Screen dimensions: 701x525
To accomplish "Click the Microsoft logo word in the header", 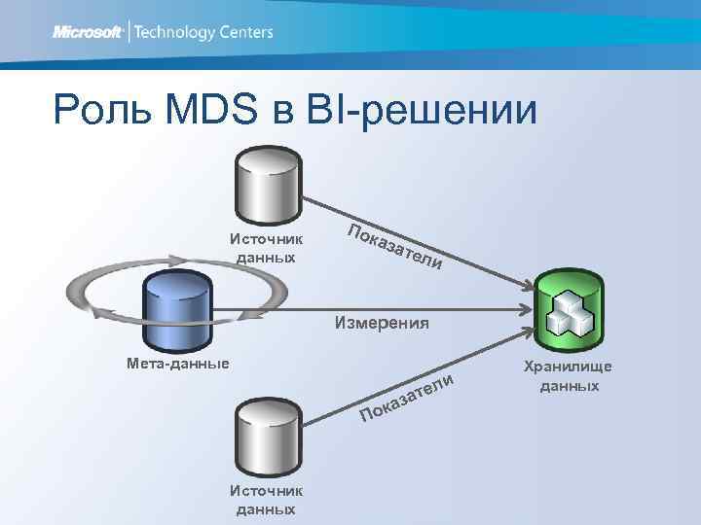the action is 87,32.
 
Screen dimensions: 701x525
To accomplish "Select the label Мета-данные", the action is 178,364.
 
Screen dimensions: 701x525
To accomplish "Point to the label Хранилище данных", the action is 569,376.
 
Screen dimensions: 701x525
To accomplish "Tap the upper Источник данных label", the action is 266,247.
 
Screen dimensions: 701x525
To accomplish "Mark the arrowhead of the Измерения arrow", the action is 526,310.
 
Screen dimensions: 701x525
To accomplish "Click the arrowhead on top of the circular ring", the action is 176,259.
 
